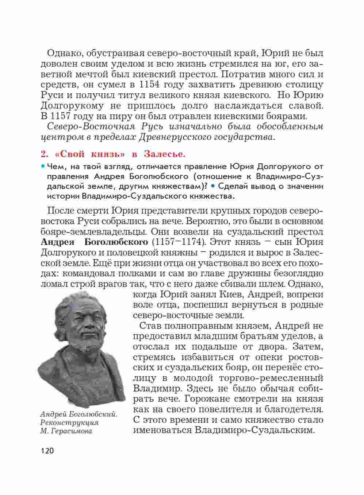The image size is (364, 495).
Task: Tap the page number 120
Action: coord(47,451)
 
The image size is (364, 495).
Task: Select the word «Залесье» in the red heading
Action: coord(164,154)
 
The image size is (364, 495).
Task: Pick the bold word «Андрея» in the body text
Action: coord(57,242)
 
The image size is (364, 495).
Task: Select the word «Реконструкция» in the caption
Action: coord(69,423)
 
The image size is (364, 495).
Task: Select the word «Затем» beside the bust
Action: coord(306,346)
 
